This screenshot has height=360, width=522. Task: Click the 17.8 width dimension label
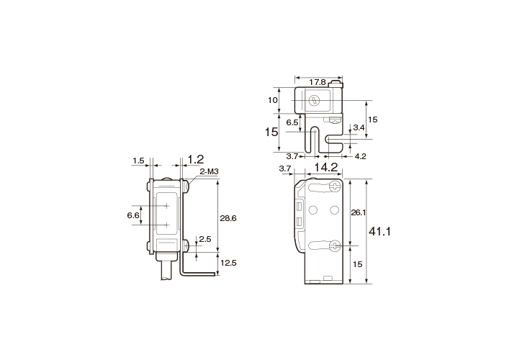(318, 82)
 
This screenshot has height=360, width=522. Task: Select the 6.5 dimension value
(292, 122)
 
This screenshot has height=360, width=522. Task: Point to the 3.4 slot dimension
(359, 127)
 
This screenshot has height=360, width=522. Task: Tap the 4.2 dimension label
(360, 156)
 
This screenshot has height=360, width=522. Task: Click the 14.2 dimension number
(326, 167)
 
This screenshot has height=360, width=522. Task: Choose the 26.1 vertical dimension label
(359, 212)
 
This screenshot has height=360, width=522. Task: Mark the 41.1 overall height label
(379, 231)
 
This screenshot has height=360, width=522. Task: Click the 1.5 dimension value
(138, 161)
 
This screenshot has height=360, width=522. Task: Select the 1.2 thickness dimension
(196, 160)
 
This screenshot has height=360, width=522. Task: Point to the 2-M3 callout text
(209, 172)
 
